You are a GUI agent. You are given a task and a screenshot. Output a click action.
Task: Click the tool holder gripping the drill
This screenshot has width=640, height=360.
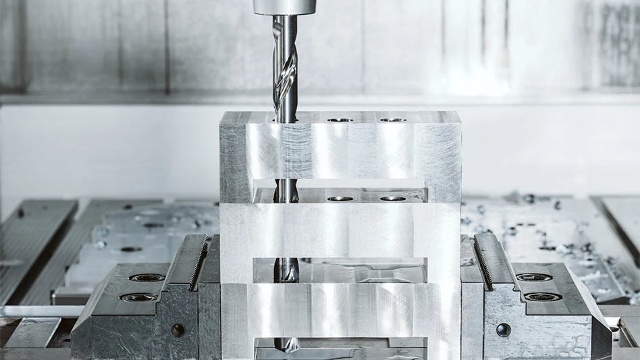click(284, 7)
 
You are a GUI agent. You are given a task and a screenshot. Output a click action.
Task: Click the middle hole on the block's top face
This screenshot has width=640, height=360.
click(340, 120)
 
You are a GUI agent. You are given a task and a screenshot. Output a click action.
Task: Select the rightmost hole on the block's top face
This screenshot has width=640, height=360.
click(392, 120)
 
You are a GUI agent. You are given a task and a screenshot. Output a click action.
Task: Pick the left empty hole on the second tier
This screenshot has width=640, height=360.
click(340, 199)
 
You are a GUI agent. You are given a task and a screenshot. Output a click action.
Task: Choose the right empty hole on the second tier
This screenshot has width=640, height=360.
click(392, 199)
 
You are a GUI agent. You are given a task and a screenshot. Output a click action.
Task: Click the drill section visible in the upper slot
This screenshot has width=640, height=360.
click(286, 192)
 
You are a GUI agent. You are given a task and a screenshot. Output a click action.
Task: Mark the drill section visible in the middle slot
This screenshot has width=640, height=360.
click(287, 269)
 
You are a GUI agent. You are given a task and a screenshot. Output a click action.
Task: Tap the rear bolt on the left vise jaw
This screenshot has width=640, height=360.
click(146, 277)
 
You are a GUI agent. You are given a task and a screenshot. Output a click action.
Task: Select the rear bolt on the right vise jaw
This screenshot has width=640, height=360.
click(534, 277)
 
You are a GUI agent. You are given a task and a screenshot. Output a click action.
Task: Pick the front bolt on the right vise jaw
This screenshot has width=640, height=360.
click(543, 297)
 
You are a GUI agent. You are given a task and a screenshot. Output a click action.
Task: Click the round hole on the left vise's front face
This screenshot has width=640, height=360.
click(178, 330)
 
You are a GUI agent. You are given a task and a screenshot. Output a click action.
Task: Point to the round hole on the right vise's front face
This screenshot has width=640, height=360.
click(503, 330)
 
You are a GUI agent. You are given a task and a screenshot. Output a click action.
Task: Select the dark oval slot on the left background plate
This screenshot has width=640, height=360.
click(131, 249)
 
